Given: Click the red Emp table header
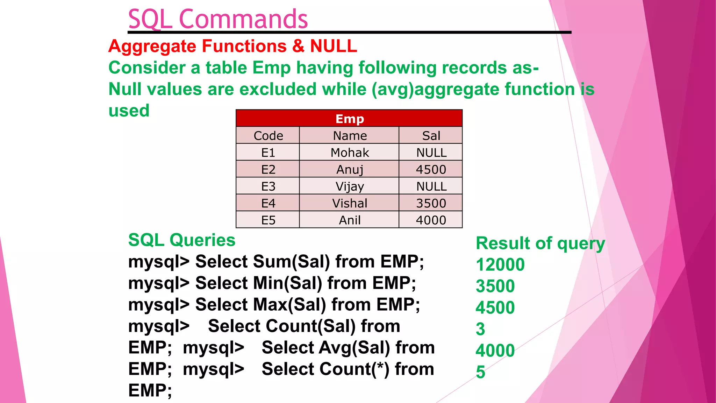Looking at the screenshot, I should (x=349, y=119).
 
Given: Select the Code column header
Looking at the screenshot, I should (x=268, y=136).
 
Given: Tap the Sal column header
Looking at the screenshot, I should (x=431, y=136).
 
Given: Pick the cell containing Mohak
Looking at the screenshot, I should (x=349, y=153).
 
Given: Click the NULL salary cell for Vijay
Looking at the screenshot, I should (x=431, y=186).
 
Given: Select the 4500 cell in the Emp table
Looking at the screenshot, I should (x=431, y=170).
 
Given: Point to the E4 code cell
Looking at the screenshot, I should (x=268, y=203).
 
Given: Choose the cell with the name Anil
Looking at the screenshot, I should (x=349, y=220).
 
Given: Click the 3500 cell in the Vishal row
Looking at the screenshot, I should (x=431, y=203).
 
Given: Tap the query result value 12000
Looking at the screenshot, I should (x=500, y=264).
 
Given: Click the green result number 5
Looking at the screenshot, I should (x=480, y=372).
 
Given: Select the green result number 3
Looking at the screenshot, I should (x=480, y=329).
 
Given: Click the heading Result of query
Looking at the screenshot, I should (x=540, y=243).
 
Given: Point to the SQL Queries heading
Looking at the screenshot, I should (x=182, y=240).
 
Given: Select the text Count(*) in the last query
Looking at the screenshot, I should (x=325, y=369).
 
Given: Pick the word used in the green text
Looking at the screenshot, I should (x=129, y=111).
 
